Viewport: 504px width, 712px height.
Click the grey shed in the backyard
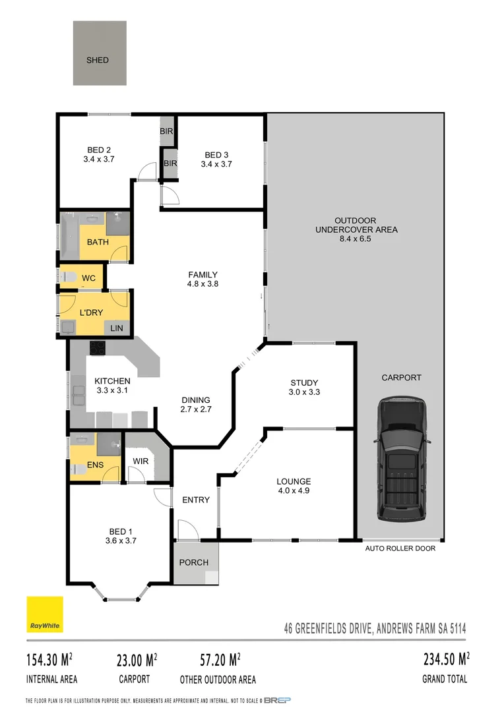point(99,53)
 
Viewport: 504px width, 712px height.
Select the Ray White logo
point(44,614)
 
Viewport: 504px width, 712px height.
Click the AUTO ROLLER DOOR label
point(400,549)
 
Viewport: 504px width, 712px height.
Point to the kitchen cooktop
point(98,347)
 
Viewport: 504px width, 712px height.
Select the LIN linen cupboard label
point(116,328)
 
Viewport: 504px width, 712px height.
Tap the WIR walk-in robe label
point(140,460)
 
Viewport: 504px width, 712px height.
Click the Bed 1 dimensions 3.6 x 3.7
point(121,541)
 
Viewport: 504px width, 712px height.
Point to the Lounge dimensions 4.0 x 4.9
point(294,490)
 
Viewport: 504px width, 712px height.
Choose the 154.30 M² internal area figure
point(50,660)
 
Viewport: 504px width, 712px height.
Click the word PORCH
point(194,562)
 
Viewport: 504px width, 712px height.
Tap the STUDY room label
point(304,382)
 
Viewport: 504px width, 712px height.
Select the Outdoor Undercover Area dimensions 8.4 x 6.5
point(356,239)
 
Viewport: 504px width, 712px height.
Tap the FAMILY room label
point(203,275)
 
